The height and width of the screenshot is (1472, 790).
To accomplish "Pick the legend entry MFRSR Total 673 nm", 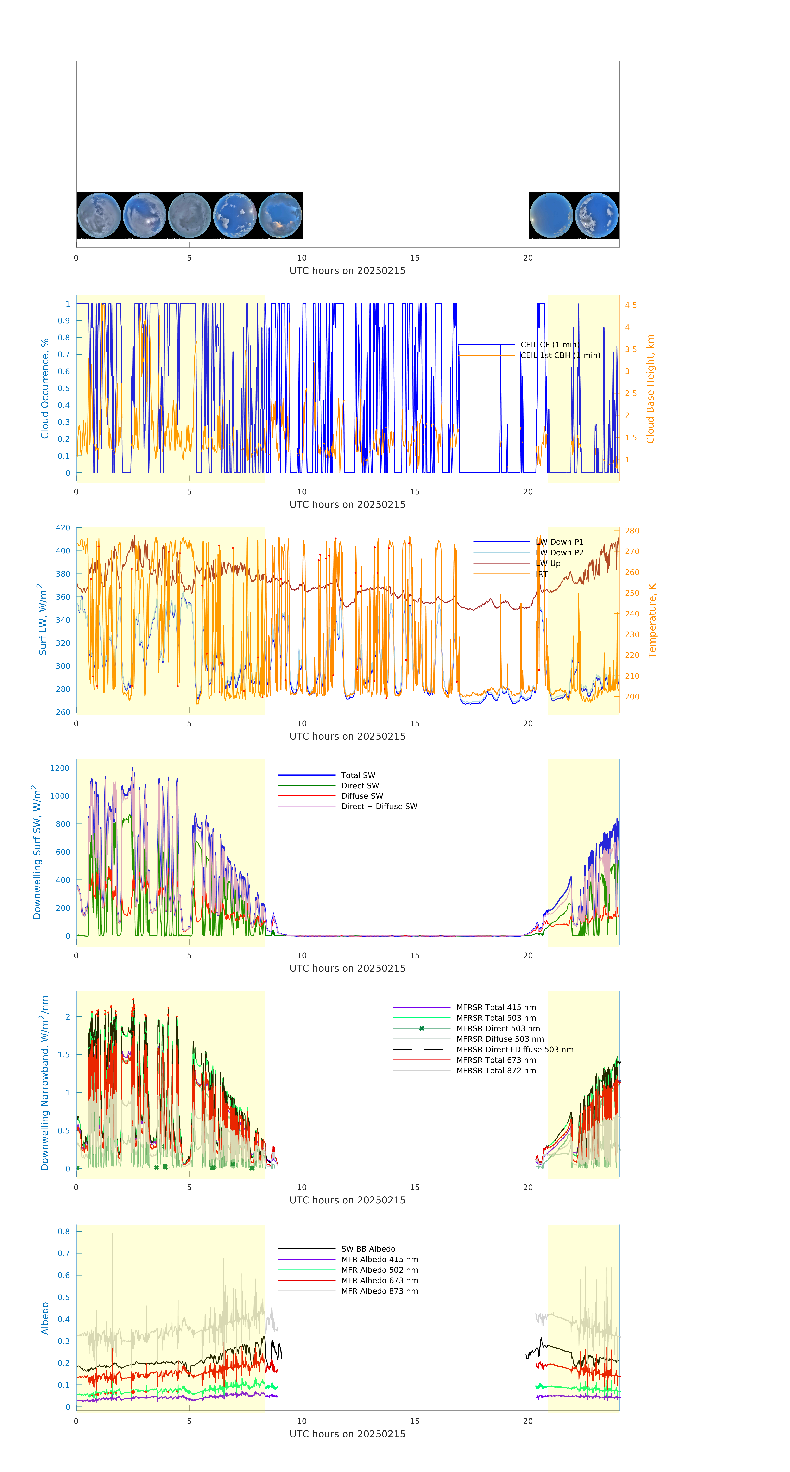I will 496,1060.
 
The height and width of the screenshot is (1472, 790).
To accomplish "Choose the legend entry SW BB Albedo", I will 368,1249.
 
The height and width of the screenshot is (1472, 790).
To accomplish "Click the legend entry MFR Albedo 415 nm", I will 379,1259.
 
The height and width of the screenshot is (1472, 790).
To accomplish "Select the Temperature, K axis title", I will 652,621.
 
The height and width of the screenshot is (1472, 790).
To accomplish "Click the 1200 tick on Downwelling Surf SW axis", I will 59,768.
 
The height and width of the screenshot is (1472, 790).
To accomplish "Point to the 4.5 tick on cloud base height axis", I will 631,305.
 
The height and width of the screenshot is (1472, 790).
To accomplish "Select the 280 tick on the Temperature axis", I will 632,531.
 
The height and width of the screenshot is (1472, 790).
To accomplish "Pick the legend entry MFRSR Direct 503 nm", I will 498,1029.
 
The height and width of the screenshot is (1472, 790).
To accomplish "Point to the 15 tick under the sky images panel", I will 415,258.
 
